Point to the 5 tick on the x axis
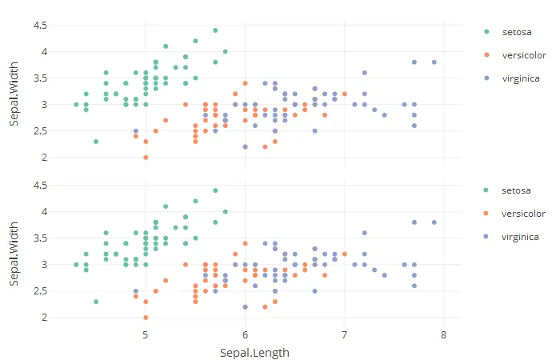pos(146,334)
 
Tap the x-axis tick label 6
pos(245,334)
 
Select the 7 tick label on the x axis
pos(344,334)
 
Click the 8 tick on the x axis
pos(443,334)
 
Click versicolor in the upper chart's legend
pos(523,55)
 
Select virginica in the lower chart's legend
pos(520,237)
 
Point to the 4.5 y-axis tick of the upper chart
pos(39,26)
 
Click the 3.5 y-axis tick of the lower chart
pos(39,238)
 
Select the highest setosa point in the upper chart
pos(215,30)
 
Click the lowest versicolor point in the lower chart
pos(146,317)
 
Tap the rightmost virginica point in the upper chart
pos(434,62)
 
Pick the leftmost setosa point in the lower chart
pos(76,264)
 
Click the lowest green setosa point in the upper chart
pos(96,142)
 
